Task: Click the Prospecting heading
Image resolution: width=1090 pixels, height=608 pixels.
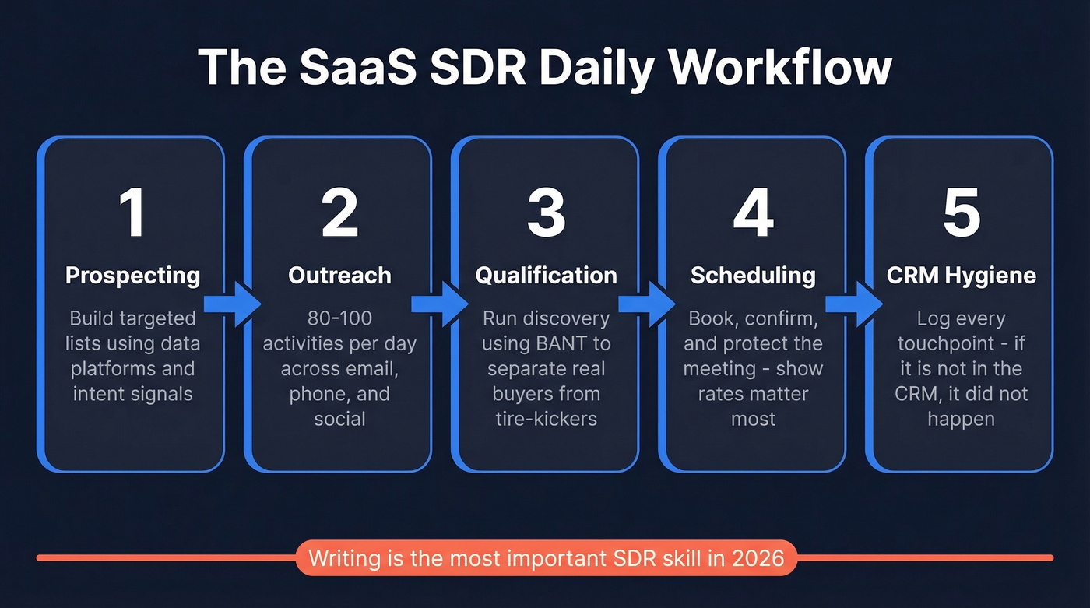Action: click(x=132, y=276)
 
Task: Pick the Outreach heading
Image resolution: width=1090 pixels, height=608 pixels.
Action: click(x=339, y=276)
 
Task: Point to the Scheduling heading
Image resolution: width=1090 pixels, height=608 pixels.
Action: click(x=753, y=276)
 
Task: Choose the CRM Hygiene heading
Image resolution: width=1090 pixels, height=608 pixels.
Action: click(x=961, y=276)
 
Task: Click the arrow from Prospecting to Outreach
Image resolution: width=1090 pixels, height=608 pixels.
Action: click(x=232, y=304)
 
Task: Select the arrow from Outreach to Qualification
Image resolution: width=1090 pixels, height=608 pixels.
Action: click(x=439, y=304)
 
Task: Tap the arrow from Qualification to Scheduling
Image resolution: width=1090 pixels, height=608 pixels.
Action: click(x=646, y=304)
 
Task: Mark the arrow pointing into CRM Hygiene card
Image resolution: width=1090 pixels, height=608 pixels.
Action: click(x=853, y=304)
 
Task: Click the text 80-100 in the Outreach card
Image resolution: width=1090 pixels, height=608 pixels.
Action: click(x=339, y=318)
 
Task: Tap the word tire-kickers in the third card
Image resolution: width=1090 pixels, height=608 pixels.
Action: click(x=546, y=419)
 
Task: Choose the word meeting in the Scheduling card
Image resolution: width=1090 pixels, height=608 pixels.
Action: click(x=719, y=368)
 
